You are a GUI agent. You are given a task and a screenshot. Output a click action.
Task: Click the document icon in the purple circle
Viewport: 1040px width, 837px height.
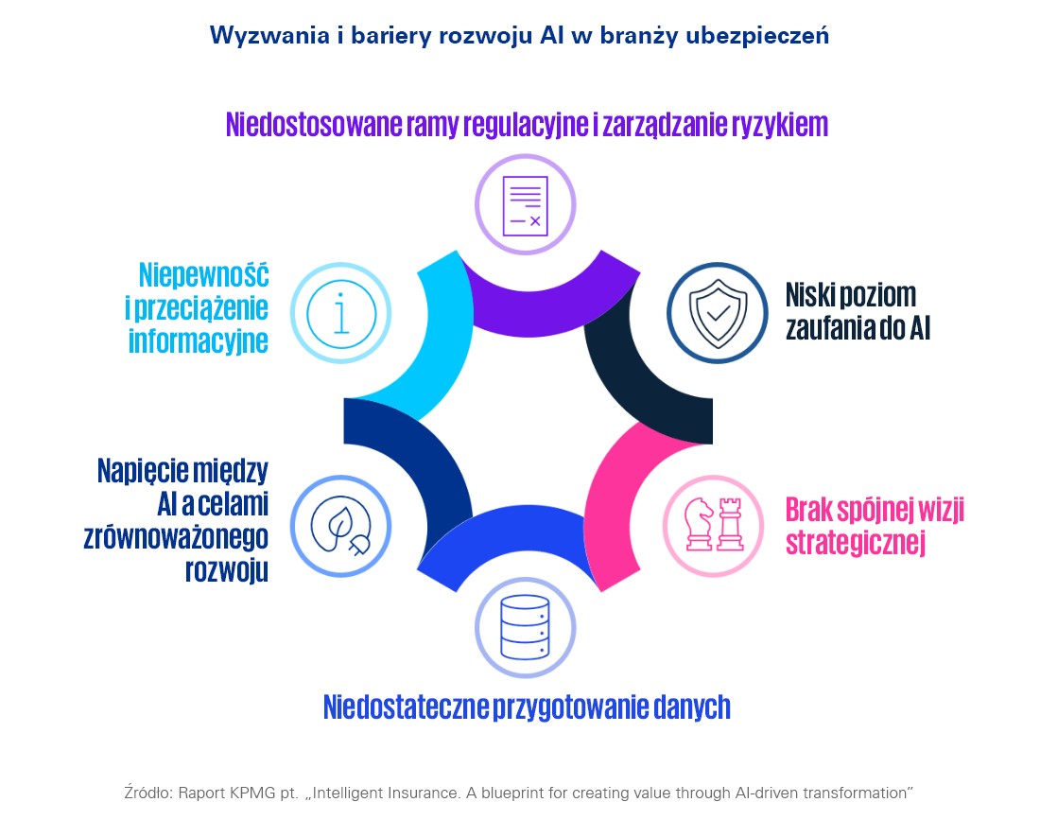click(525, 204)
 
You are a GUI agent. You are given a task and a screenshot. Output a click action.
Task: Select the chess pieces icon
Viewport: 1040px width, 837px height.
click(714, 526)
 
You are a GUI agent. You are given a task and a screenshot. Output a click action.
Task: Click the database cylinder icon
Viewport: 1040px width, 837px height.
click(525, 627)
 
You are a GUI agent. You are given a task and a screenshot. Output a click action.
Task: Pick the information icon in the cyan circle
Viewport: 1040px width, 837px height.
click(340, 312)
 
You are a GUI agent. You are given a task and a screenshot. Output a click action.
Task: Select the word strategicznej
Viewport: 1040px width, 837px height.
click(854, 543)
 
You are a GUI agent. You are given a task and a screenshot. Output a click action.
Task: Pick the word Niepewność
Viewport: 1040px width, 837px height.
click(203, 275)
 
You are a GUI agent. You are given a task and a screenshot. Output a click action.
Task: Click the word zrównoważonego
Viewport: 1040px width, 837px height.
click(176, 536)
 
